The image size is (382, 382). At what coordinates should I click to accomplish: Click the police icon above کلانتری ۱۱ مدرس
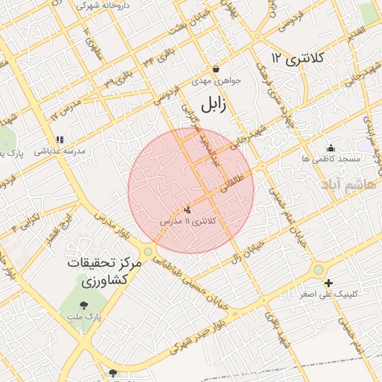coord(187,210)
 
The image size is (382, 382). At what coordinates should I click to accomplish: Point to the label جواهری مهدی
coord(213,81)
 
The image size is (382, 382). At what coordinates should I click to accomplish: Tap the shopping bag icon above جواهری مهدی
coord(216,69)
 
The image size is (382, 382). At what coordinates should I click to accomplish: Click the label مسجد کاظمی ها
coord(331,159)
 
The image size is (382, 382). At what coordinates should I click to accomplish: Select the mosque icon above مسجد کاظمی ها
coord(331,147)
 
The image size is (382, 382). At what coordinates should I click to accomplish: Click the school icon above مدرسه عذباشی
coord(60,139)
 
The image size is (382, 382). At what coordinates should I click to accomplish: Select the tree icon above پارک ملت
coord(84,304)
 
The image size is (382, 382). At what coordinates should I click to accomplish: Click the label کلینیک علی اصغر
coord(328,294)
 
